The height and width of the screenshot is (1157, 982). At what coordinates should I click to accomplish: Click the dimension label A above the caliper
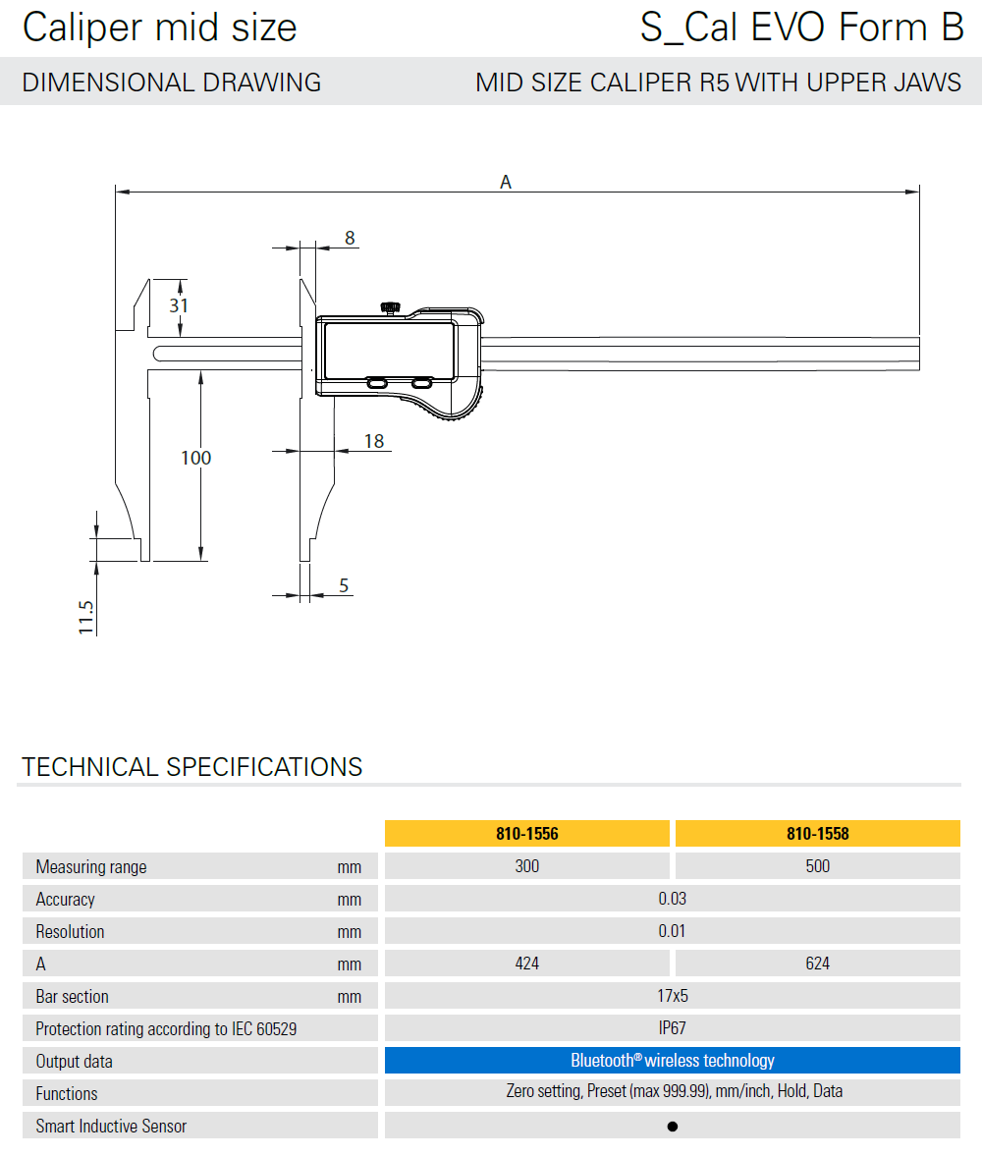pyautogui.click(x=506, y=182)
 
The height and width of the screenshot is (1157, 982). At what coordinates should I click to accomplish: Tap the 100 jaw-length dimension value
pyautogui.click(x=196, y=458)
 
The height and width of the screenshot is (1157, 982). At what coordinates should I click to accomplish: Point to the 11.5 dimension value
pyautogui.click(x=86, y=617)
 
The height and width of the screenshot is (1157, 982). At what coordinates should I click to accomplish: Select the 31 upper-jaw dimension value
pyautogui.click(x=178, y=305)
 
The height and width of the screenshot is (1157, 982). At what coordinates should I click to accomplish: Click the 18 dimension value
pyautogui.click(x=374, y=441)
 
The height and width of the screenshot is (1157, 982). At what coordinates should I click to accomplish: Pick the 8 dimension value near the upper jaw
pyautogui.click(x=349, y=238)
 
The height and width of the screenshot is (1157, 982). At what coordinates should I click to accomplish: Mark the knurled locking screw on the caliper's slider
pyautogui.click(x=391, y=308)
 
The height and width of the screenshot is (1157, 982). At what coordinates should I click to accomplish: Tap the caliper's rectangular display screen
pyautogui.click(x=389, y=348)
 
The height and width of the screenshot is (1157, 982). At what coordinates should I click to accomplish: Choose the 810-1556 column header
pyautogui.click(x=527, y=834)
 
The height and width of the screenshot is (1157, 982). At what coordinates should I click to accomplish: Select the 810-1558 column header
pyautogui.click(x=817, y=834)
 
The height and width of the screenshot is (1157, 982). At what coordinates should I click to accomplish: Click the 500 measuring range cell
pyautogui.click(x=817, y=866)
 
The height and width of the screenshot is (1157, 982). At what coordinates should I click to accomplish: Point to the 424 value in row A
pyautogui.click(x=527, y=964)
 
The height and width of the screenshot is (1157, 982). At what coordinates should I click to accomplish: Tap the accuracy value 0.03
pyautogui.click(x=672, y=899)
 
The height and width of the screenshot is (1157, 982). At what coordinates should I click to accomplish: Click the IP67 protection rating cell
pyautogui.click(x=672, y=1028)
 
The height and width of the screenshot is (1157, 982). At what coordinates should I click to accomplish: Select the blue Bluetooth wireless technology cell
pyautogui.click(x=672, y=1061)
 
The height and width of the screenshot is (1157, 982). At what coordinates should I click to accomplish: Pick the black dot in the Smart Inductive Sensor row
pyautogui.click(x=672, y=1127)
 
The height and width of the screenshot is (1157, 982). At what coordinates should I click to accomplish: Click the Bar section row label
pyautogui.click(x=73, y=996)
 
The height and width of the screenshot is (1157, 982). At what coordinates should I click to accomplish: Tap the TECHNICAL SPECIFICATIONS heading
pyautogui.click(x=192, y=767)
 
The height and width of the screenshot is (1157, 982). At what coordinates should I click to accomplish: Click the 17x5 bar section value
pyautogui.click(x=672, y=996)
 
